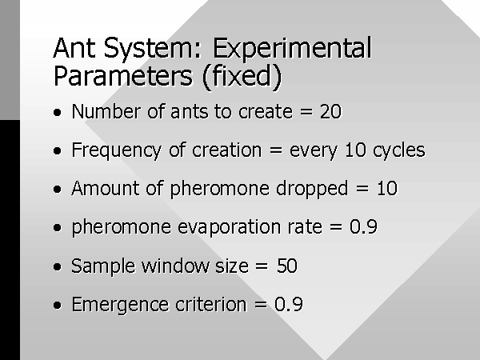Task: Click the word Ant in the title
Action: (74, 48)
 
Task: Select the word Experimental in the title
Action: (292, 48)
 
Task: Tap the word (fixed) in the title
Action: (242, 76)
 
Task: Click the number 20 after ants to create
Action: (330, 111)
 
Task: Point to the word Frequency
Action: (116, 151)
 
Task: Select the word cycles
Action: (399, 151)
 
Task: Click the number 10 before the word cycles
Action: (355, 150)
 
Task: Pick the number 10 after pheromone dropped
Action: (387, 188)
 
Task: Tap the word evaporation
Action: (230, 227)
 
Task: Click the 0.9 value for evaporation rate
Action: (364, 227)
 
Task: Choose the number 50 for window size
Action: (287, 266)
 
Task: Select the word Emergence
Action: (120, 305)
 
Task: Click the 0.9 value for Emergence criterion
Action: (289, 304)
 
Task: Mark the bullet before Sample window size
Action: (58, 266)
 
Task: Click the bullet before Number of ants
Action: (58, 112)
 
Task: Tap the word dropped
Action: (312, 189)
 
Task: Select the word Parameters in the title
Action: (123, 76)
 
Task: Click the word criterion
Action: (211, 304)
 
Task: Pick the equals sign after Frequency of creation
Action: (275, 150)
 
